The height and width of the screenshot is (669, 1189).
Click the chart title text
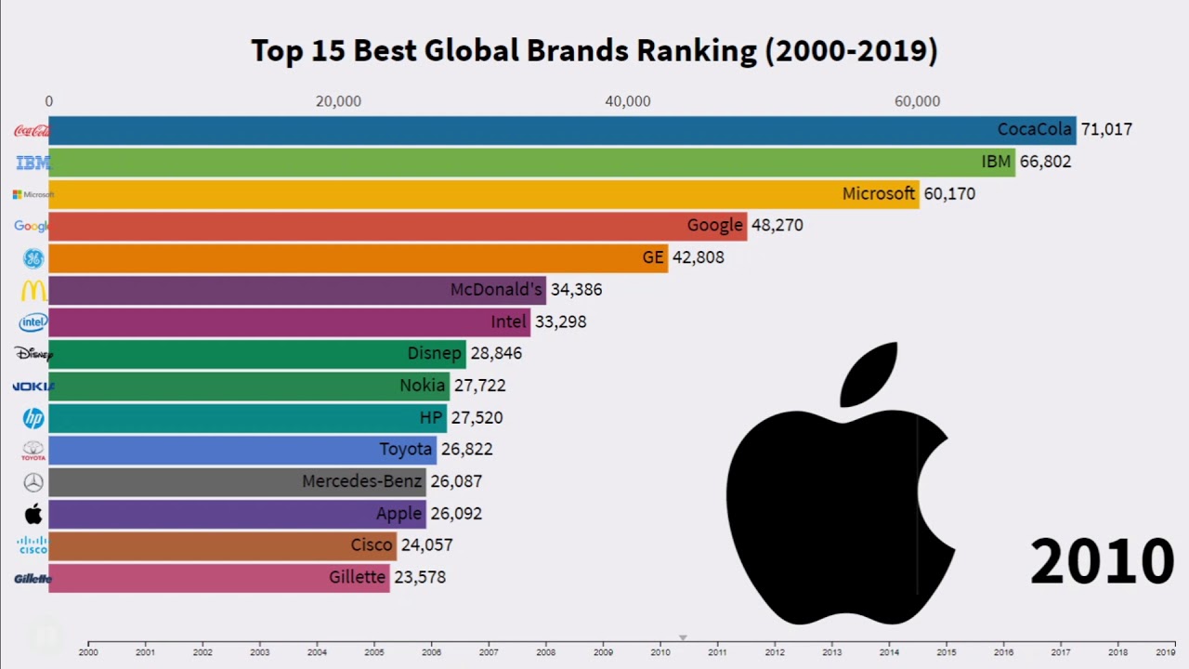pos(594,50)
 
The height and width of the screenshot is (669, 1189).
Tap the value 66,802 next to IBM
pos(1045,162)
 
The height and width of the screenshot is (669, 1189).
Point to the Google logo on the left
pos(32,226)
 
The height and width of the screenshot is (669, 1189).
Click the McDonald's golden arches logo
pos(33,290)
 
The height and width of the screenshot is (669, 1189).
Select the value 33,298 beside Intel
pos(560,321)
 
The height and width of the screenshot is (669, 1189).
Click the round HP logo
pos(33,418)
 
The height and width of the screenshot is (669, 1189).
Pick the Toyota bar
pos(242,450)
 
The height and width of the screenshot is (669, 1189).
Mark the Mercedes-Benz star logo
pos(33,482)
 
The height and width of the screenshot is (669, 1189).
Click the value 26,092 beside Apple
pos(456,514)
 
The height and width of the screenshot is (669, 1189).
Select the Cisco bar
pos(222,545)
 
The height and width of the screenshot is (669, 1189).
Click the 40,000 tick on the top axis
pos(628,101)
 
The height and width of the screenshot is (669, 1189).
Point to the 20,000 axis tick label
pos(338,101)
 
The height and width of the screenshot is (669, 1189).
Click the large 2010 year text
pos(1102,561)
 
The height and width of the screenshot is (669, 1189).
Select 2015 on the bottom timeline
pos(946,652)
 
